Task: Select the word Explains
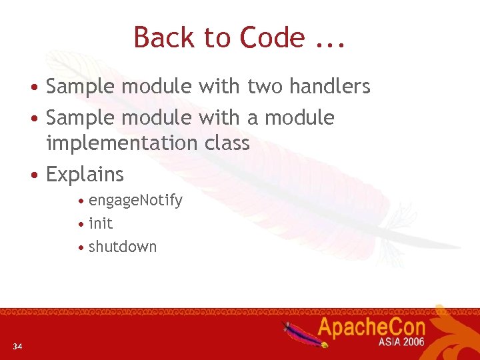pos(85,175)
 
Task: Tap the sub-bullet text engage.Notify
pos(135,201)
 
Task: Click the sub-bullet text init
pos(101,223)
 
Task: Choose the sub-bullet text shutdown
pos(123,247)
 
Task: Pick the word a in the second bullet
pos(253,118)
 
